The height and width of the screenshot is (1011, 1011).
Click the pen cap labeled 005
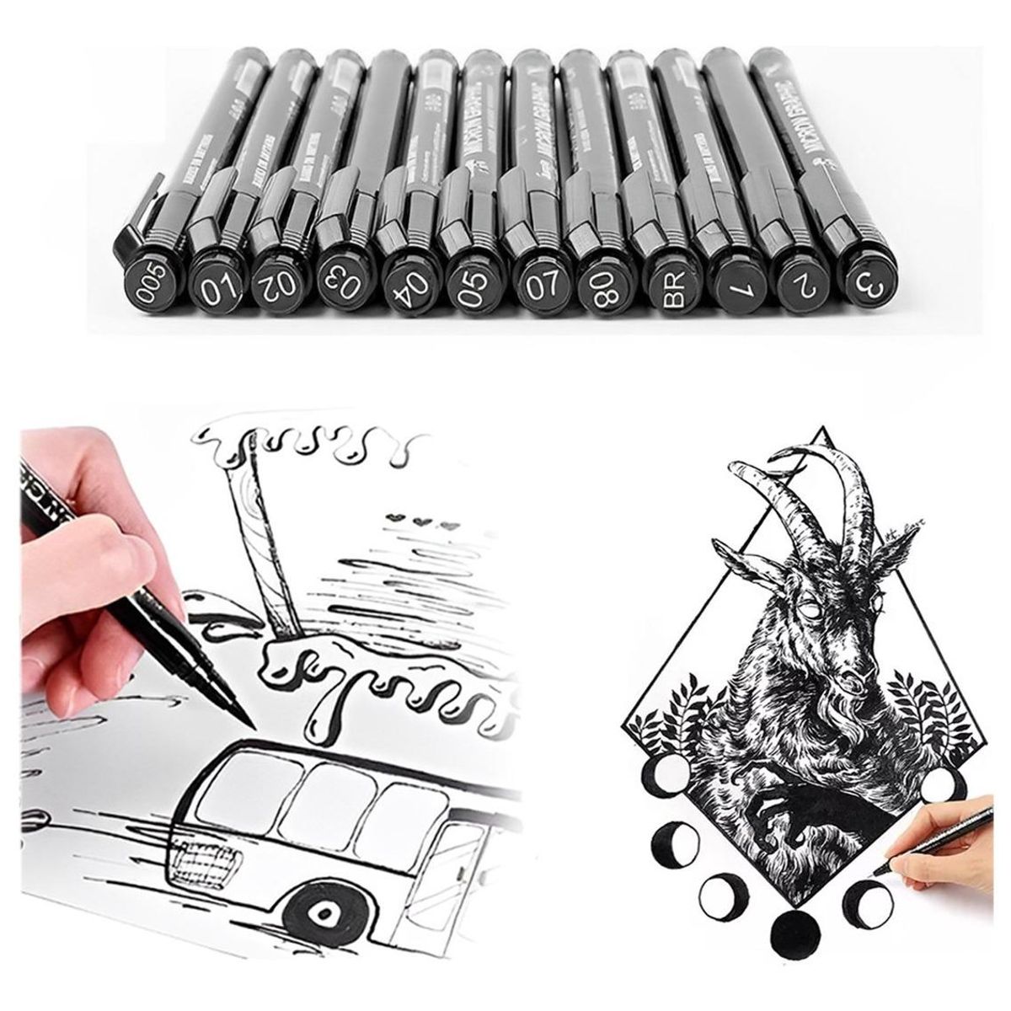(149, 273)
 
